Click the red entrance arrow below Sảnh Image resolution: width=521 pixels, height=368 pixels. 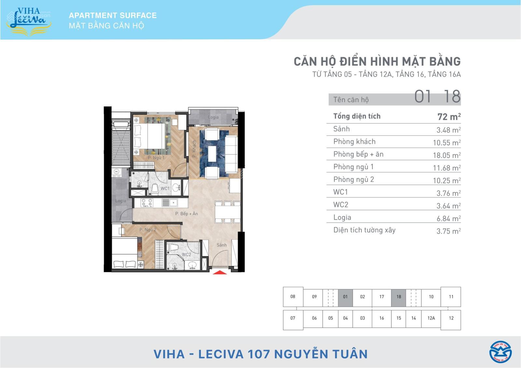(220, 272)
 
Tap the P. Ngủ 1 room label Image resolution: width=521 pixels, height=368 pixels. (156, 158)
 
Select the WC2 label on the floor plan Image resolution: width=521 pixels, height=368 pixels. (186, 255)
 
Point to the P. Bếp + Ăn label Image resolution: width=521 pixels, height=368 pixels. (186, 214)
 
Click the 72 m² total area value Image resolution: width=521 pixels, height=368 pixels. (449, 117)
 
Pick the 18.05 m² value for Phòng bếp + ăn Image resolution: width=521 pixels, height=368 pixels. (446, 155)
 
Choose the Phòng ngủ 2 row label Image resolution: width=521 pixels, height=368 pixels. (353, 179)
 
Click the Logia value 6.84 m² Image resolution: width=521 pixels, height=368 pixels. (448, 219)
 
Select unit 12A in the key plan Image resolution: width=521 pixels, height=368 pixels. (431, 318)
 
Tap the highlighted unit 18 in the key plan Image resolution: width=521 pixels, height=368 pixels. (399, 297)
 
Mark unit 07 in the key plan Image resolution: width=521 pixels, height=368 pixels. (293, 318)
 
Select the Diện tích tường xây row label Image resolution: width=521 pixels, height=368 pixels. (364, 230)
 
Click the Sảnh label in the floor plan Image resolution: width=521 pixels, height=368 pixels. (221, 245)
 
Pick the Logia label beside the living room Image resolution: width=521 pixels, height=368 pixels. (213, 117)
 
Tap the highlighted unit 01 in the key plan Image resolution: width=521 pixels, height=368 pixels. (345, 297)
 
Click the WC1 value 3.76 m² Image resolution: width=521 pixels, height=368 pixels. (448, 193)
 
